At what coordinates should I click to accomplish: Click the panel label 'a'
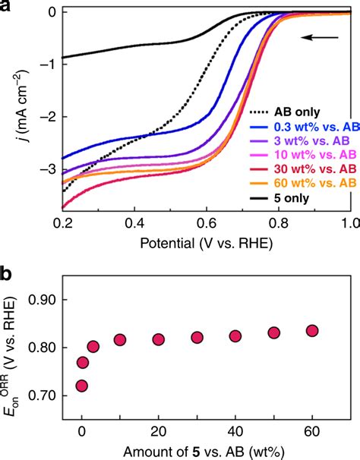[7, 7]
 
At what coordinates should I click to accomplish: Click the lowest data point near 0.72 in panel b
[82, 386]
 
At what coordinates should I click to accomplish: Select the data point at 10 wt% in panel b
[120, 339]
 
